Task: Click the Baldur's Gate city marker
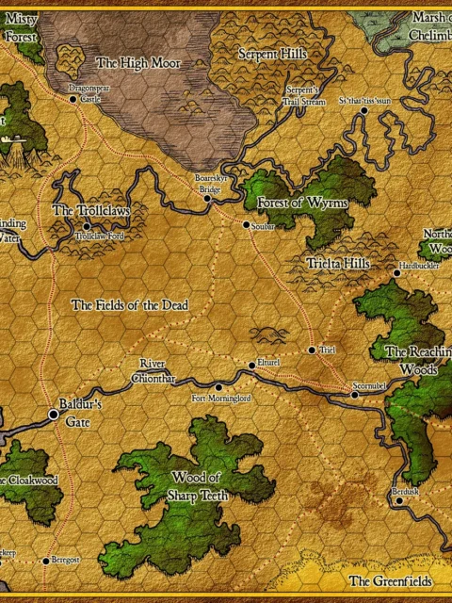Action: [x=54, y=414]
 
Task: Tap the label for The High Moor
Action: [x=138, y=63]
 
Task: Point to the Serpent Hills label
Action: [x=273, y=55]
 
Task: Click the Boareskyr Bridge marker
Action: [x=208, y=199]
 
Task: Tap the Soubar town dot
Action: [x=246, y=225]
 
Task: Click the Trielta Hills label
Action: [x=338, y=263]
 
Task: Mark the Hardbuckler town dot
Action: [x=396, y=274]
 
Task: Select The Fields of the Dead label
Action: [x=129, y=305]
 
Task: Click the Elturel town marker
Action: [x=251, y=365]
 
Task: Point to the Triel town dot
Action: [x=312, y=350]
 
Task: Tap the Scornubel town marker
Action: [x=355, y=395]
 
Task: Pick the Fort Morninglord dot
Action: [x=218, y=387]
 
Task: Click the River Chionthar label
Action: [x=157, y=370]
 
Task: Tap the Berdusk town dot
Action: [x=399, y=501]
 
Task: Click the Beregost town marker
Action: [x=45, y=561]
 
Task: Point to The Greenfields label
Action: [x=391, y=581]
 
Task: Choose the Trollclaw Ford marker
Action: [x=88, y=226]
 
